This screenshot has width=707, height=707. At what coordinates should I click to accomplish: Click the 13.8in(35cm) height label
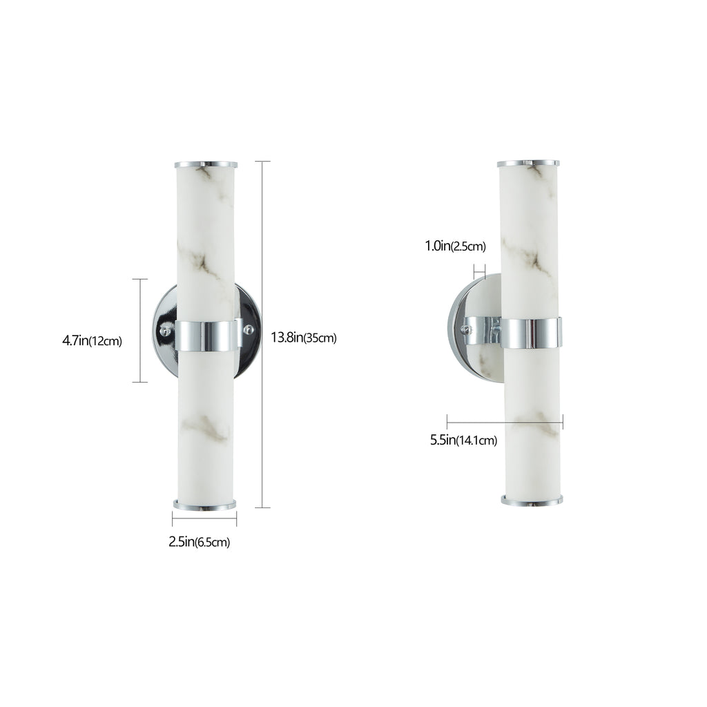[303, 338]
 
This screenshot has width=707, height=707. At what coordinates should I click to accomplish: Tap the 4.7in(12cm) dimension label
[92, 340]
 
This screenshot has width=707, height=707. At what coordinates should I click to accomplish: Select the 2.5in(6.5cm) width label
[199, 542]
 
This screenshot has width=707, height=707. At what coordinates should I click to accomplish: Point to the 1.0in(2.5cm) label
[456, 246]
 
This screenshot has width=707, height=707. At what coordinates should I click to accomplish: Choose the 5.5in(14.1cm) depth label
[463, 440]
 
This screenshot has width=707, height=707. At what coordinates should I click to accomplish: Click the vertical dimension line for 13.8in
[262, 334]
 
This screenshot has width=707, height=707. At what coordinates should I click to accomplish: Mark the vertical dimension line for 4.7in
[140, 330]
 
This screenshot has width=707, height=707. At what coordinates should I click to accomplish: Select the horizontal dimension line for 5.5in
[505, 422]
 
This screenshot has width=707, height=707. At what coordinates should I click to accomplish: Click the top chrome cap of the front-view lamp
[206, 164]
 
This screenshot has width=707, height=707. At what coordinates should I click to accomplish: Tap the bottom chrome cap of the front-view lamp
[204, 505]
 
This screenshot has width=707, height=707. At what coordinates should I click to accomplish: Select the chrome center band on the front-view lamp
[206, 334]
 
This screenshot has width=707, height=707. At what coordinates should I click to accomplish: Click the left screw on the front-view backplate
[165, 331]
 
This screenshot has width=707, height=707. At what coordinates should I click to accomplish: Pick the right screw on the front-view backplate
[249, 329]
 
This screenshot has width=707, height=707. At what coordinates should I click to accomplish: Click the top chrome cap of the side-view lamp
[528, 164]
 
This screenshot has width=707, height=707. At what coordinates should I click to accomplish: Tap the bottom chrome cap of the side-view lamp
[532, 500]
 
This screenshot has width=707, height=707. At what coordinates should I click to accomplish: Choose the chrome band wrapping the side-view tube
[530, 333]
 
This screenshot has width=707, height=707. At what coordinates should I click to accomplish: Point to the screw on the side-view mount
[469, 331]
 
